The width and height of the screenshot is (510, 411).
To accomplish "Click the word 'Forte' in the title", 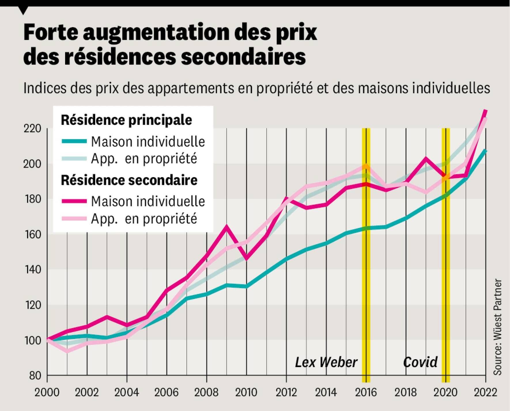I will click(x=51, y=32).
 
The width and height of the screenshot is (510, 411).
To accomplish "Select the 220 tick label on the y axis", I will click(x=32, y=129).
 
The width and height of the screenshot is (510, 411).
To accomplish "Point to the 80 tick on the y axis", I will click(x=35, y=376).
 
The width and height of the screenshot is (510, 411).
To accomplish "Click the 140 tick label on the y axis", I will click(x=32, y=270).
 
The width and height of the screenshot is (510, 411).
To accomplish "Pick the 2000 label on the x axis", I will click(x=47, y=392).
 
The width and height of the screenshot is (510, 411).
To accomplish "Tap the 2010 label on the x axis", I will click(x=246, y=392).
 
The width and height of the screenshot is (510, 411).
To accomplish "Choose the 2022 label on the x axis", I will click(x=486, y=392).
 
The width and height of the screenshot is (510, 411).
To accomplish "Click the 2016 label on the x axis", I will click(x=366, y=392).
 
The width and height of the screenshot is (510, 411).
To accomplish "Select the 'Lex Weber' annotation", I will click(x=326, y=362).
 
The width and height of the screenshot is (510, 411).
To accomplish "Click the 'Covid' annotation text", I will click(x=420, y=362).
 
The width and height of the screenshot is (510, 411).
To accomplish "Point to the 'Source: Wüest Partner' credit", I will click(x=498, y=327).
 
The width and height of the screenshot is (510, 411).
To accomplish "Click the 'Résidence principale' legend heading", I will click(x=126, y=120).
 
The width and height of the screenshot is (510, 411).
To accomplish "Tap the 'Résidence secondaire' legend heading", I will click(x=129, y=180).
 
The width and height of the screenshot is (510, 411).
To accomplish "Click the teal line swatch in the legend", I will click(x=74, y=141).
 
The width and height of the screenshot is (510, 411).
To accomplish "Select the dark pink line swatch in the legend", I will click(x=74, y=201).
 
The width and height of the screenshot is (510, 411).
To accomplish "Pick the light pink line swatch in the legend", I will click(x=74, y=218).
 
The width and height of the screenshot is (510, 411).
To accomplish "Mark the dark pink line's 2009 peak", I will click(x=226, y=227).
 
